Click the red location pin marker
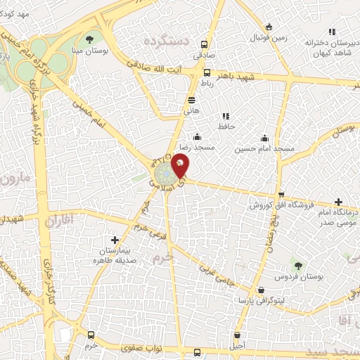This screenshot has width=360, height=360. click(x=180, y=165)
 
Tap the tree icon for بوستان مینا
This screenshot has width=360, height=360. click(x=89, y=39)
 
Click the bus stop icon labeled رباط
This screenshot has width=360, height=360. click(x=207, y=72)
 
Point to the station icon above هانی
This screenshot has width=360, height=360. click(x=191, y=100)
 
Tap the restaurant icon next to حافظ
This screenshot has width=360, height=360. click(x=225, y=116)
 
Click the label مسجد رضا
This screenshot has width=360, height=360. click(x=194, y=148)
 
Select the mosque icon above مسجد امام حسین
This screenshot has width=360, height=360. click(x=264, y=138)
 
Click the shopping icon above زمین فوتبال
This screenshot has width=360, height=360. click(x=269, y=27)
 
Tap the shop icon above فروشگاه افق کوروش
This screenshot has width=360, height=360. click(x=281, y=195)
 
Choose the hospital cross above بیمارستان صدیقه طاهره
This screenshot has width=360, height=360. click(x=115, y=240)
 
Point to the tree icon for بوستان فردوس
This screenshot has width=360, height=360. click(x=298, y=265)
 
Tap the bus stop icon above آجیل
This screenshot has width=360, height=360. click(x=238, y=335)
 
